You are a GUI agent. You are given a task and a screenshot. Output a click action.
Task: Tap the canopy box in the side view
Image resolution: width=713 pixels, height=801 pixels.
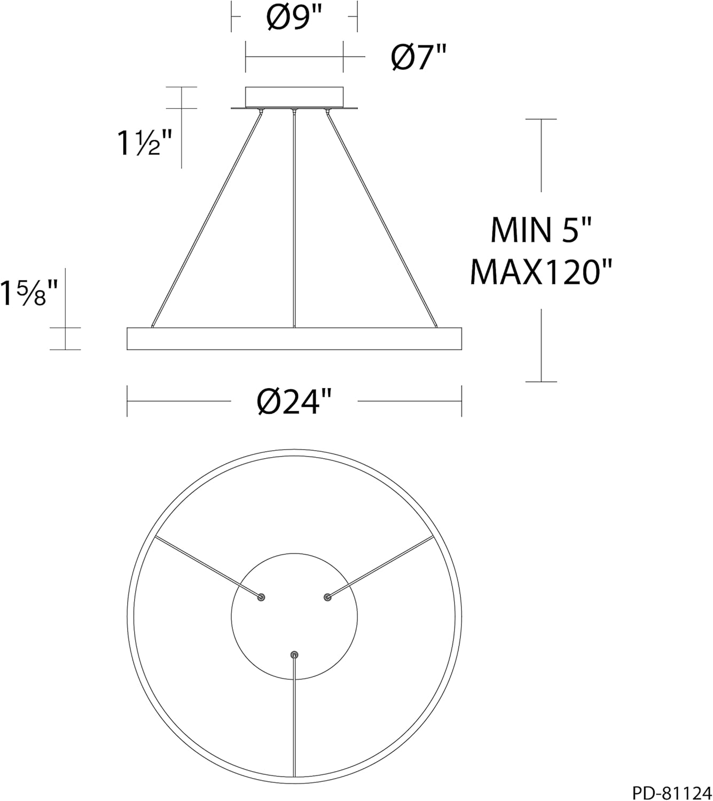294,97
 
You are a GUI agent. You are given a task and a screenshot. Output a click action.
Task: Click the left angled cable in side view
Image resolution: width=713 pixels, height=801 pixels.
207,219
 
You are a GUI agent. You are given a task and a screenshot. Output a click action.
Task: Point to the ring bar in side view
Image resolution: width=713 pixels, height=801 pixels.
294,339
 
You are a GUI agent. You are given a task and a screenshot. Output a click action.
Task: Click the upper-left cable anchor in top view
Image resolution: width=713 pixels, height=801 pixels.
261,597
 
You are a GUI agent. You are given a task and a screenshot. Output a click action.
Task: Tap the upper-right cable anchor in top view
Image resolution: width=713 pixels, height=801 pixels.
327,597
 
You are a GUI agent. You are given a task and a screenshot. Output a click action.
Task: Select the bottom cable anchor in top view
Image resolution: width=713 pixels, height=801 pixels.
294,655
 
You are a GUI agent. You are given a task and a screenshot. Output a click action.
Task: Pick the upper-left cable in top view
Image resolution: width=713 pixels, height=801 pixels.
206,566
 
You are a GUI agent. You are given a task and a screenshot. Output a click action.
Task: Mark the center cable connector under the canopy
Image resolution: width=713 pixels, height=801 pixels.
294,111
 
